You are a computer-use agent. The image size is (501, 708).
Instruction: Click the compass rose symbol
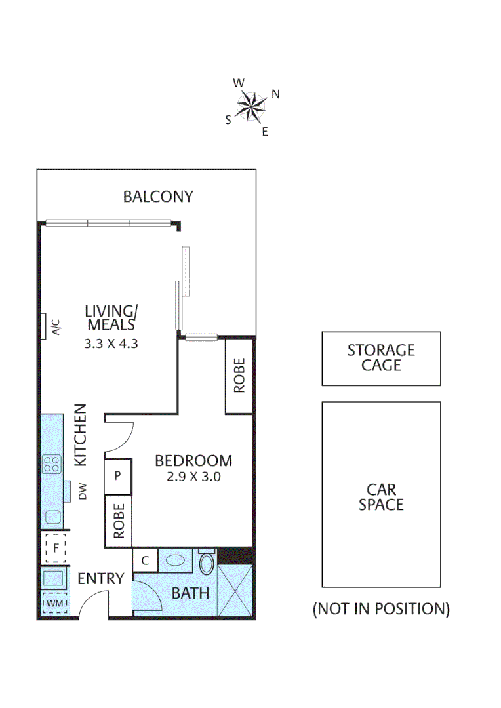[x=250, y=106]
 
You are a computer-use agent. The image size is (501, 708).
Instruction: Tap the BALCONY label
[x=158, y=196]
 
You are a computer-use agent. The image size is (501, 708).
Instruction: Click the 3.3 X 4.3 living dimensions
[x=110, y=343]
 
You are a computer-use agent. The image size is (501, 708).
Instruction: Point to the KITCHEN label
[x=80, y=435]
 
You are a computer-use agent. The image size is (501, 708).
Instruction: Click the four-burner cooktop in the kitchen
[x=52, y=464]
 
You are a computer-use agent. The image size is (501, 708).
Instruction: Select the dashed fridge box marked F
[x=56, y=548]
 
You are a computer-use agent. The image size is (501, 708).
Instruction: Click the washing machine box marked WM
[x=54, y=601]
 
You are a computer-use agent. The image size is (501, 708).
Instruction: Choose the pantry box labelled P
[x=118, y=475]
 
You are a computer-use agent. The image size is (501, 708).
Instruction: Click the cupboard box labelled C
[x=146, y=560]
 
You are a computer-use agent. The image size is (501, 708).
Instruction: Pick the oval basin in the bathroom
[x=175, y=561]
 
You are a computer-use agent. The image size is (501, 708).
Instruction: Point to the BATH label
[x=191, y=593]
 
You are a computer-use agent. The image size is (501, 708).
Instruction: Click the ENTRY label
[x=101, y=578]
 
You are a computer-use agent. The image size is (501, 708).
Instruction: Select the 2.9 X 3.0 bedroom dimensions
[x=193, y=477]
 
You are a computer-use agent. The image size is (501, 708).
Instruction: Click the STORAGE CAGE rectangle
[x=381, y=358]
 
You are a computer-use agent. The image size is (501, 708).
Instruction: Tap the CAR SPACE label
[x=381, y=497]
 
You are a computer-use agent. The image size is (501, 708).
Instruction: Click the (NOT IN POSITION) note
[x=381, y=609]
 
